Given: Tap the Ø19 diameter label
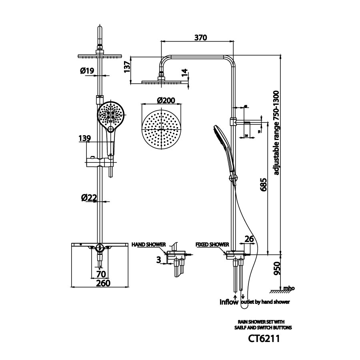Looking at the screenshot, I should (87, 71).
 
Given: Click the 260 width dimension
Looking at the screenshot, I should (100, 283).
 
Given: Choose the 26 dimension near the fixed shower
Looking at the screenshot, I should (249, 240).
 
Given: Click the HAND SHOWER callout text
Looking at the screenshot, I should (148, 244).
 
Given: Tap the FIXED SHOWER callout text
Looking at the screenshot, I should (212, 244).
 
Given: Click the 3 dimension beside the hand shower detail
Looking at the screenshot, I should (159, 260).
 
